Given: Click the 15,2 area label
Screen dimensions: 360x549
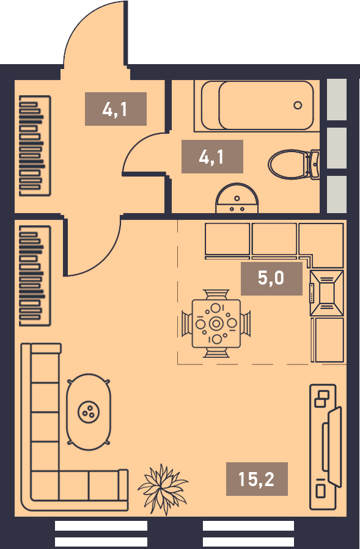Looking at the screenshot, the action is (x=257, y=479).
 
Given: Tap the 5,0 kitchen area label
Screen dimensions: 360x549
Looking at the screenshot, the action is (x=271, y=278).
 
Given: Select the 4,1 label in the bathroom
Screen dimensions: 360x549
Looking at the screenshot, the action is (x=212, y=156).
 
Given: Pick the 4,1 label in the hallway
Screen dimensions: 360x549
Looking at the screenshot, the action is (x=116, y=109).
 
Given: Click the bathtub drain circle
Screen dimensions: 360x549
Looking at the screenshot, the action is (x=298, y=105).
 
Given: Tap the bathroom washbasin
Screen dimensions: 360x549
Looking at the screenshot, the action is (x=237, y=198).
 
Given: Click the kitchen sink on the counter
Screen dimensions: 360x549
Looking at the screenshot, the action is (x=327, y=293).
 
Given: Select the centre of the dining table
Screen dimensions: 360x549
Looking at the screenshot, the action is (x=216, y=324).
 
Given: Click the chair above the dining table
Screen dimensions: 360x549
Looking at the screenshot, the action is (x=216, y=294).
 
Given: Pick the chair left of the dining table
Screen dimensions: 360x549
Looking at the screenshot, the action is (x=187, y=324).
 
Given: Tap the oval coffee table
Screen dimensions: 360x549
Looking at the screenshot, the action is (x=89, y=412).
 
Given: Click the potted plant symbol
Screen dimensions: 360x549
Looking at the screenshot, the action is (x=163, y=489).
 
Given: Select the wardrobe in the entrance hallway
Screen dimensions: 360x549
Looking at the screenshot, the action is (x=35, y=146).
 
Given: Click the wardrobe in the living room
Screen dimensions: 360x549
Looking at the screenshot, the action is (x=35, y=276).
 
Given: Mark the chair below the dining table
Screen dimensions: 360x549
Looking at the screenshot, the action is (x=216, y=352).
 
